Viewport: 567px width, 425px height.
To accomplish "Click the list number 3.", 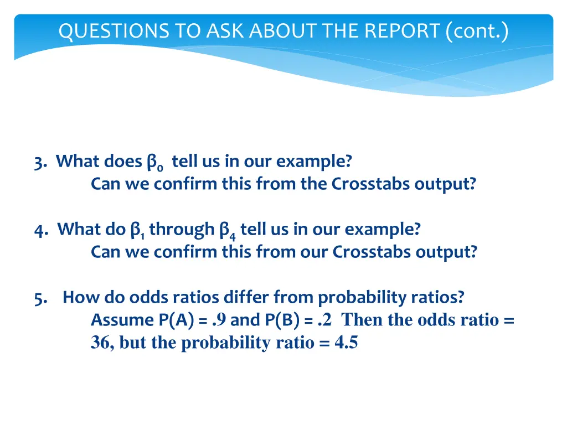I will pos(39,162).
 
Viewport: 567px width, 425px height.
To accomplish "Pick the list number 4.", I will pos(40,230).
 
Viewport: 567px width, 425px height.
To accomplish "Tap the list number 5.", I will pos(39,298).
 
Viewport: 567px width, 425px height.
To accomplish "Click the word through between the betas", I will pos(182,229).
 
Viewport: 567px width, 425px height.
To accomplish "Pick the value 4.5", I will pos(346,343).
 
